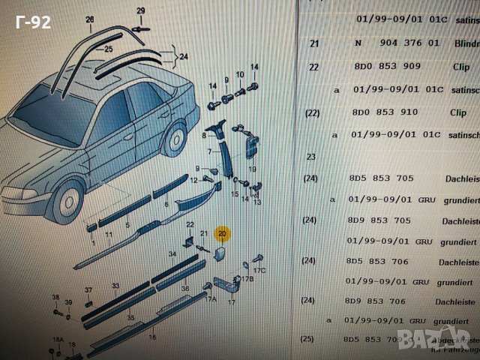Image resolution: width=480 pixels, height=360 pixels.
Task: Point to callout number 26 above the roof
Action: coord(90,19)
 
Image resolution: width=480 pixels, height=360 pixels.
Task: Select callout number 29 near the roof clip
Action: coord(140,10)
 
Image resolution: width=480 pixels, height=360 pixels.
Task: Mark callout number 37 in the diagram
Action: coord(88,290)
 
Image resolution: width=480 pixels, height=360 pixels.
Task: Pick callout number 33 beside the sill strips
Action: coord(115,286)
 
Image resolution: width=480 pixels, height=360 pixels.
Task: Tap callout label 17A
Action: coord(211,299)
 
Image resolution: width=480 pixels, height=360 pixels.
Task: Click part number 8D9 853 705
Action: coord(389,221)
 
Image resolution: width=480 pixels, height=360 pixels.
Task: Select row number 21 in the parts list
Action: coord(314,43)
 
